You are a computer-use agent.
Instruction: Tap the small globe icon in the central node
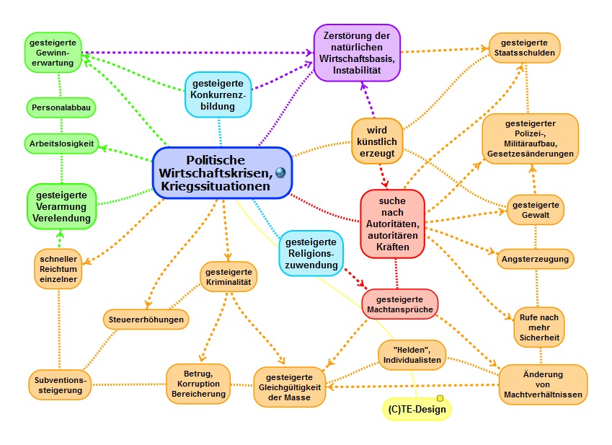(280, 172)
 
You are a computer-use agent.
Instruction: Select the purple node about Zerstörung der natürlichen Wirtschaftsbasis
(358, 52)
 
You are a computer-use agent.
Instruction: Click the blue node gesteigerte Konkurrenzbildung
(218, 94)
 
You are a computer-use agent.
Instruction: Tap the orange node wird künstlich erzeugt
(377, 141)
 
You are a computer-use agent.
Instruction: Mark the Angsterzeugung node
(534, 257)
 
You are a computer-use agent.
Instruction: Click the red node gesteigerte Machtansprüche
(399, 303)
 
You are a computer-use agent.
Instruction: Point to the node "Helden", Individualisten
(412, 353)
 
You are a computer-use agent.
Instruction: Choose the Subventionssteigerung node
(61, 384)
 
